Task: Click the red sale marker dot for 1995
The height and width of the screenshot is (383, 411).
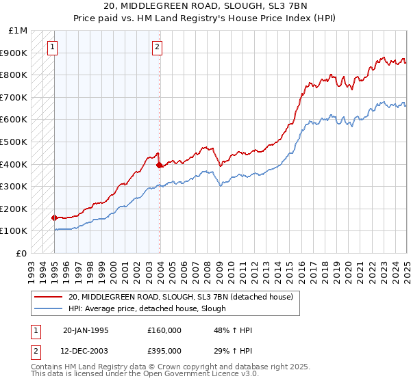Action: click(54, 217)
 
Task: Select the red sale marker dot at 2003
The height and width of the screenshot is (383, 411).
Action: click(159, 165)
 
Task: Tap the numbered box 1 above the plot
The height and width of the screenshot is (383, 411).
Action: click(53, 47)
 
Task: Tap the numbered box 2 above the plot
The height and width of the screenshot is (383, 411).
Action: click(158, 47)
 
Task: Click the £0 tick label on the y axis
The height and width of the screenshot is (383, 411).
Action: click(21, 253)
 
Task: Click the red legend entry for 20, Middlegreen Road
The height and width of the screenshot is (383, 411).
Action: click(181, 297)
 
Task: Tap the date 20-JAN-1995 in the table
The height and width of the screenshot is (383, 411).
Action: click(86, 330)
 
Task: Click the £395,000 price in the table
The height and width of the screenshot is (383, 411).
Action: click(164, 351)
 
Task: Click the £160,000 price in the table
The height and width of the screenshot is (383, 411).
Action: click(164, 330)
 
